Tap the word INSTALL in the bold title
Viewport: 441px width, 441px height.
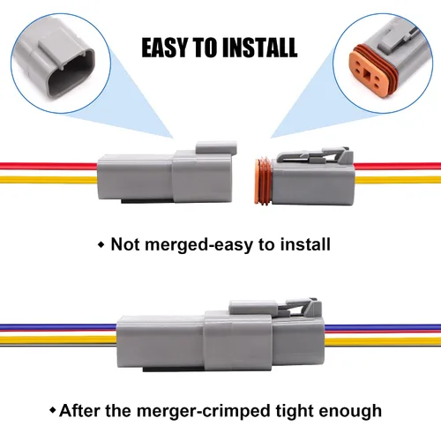tap(259, 48)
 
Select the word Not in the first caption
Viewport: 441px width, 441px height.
tap(125, 244)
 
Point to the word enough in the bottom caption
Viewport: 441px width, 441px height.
tap(350, 411)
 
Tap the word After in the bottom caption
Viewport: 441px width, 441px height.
tap(79, 410)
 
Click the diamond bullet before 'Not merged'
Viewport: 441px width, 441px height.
tap(101, 244)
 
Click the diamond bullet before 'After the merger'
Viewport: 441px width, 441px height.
tap(53, 410)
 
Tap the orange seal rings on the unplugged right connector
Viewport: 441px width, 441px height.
tap(263, 182)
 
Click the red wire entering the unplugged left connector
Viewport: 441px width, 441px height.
tap(49, 166)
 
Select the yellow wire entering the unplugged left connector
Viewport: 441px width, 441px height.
tap(49, 180)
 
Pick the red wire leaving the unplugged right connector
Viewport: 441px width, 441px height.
tap(398, 166)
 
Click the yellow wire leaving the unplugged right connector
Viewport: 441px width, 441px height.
tap(398, 180)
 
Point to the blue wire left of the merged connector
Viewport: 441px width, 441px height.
tap(58, 326)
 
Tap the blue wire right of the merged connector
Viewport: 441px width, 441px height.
tap(383, 327)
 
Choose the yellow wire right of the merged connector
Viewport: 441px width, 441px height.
tap(383, 341)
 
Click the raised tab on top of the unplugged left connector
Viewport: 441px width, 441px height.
tap(216, 147)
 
